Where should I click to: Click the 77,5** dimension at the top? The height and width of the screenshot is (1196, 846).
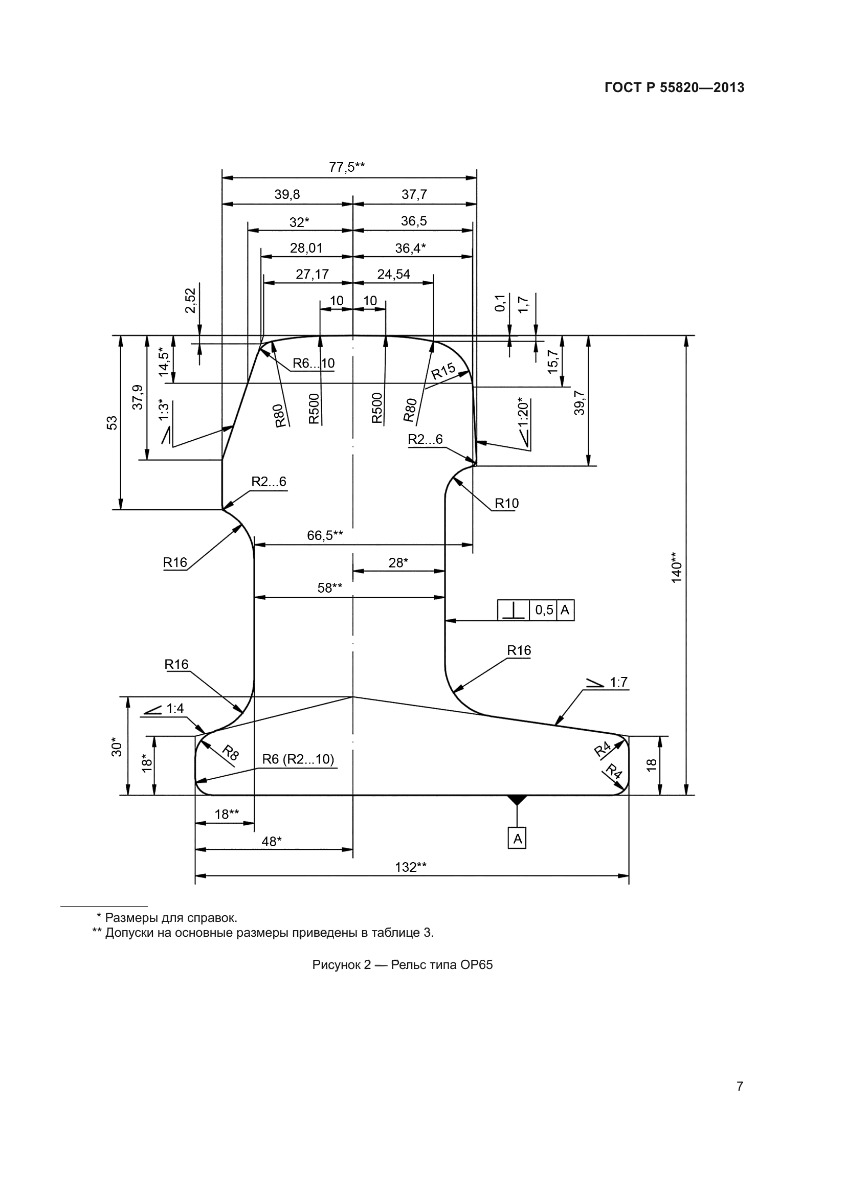(x=346, y=167)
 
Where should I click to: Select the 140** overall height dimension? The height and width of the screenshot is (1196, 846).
(x=676, y=567)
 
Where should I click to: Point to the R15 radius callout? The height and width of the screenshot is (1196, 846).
(x=443, y=371)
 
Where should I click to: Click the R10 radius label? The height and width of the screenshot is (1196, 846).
(x=506, y=503)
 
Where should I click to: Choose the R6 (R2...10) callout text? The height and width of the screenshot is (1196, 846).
(x=298, y=759)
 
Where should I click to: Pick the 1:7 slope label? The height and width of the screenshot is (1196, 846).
(x=618, y=683)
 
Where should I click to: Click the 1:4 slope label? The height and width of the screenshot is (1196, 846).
(x=175, y=708)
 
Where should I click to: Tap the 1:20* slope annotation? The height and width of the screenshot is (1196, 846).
(x=524, y=412)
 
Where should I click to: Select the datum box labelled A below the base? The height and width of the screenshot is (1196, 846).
(x=517, y=839)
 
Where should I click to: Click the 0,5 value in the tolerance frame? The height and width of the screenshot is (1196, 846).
(x=544, y=610)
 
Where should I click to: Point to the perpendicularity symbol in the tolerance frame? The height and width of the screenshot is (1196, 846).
(x=514, y=610)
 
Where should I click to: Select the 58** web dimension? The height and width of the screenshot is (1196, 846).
(x=330, y=588)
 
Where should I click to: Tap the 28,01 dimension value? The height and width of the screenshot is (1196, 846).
(x=306, y=248)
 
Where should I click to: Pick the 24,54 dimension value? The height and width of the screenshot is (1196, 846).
(x=393, y=274)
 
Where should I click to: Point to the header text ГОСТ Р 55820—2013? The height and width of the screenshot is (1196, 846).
(x=674, y=87)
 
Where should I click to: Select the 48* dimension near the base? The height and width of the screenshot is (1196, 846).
(x=272, y=841)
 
